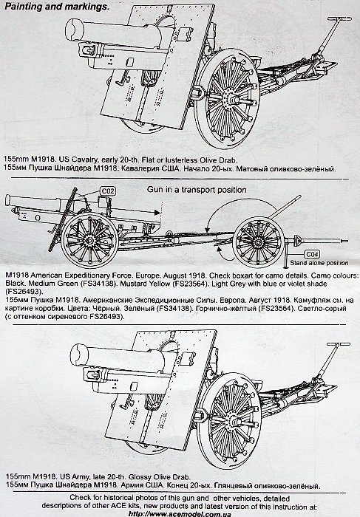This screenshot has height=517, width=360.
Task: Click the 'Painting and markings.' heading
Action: click(x=56, y=6)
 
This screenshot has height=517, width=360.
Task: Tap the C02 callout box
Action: click(x=108, y=191)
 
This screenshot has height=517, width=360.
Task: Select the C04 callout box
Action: click(x=312, y=255)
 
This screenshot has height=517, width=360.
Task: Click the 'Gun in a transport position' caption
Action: click(x=197, y=190)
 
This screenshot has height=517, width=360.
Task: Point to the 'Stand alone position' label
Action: click(x=319, y=263)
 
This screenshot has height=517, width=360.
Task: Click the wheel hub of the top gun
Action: click(x=231, y=99)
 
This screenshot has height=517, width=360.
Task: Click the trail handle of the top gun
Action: click(x=339, y=18)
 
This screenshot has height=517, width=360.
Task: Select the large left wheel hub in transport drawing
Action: click(x=89, y=239)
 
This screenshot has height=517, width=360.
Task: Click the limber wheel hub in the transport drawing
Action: click(x=259, y=242)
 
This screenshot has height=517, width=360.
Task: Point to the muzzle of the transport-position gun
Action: click(x=8, y=200)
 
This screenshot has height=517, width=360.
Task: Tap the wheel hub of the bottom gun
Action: click(x=233, y=420)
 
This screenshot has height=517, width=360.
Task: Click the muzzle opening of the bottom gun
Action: click(x=80, y=355)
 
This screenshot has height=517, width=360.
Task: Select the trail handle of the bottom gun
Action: click(x=339, y=344)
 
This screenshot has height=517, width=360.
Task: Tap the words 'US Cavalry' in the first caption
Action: click(x=80, y=160)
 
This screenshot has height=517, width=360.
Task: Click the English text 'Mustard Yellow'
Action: click(x=141, y=284)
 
